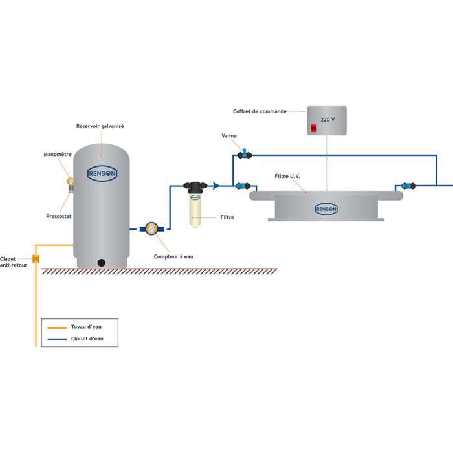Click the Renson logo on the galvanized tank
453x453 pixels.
(x=102, y=173)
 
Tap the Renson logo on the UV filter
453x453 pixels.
(x=326, y=208)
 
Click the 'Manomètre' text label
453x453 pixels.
(x=58, y=155)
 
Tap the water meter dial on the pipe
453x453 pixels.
(x=151, y=228)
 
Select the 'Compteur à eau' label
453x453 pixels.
(x=173, y=257)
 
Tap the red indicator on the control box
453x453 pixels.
(x=314, y=128)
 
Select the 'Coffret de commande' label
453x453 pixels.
(x=260, y=111)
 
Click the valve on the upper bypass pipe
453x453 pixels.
(x=245, y=154)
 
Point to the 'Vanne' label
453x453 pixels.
(x=228, y=136)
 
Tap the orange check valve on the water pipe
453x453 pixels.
(x=36, y=259)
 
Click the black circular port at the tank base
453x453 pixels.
(x=102, y=262)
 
